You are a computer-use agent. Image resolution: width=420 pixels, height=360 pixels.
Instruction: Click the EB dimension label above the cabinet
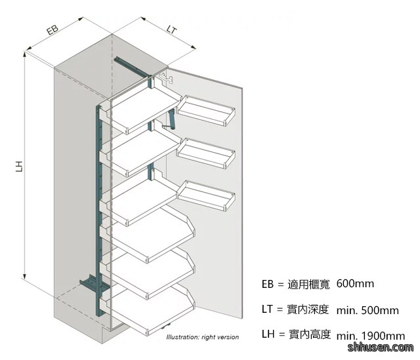[x=52, y=30]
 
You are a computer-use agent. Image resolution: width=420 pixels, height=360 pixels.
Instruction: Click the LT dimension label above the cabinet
[x=172, y=30]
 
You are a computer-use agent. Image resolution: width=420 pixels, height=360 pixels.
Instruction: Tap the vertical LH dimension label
[x=19, y=166]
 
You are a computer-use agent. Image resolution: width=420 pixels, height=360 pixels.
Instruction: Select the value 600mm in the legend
[x=355, y=283]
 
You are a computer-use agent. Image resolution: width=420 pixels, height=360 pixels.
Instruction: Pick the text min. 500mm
[x=367, y=310]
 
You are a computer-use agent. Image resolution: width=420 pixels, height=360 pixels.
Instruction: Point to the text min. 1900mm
[x=371, y=336]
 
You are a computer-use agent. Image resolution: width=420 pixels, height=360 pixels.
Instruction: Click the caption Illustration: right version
[x=203, y=337]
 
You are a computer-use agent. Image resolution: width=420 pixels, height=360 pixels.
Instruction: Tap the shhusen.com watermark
[x=381, y=347]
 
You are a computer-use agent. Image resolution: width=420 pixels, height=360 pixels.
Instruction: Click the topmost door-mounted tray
[x=206, y=110]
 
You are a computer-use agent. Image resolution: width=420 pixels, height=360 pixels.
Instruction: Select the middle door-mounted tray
[x=206, y=153]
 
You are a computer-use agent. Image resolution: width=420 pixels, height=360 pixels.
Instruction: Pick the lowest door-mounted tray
[x=206, y=195]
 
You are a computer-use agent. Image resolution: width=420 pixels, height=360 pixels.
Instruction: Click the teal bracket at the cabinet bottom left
[x=90, y=285]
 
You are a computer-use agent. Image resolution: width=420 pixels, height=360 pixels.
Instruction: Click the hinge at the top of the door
[x=166, y=78]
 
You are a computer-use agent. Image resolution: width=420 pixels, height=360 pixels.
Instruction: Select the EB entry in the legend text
[x=268, y=284]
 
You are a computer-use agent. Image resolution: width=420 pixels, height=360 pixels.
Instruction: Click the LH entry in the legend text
[x=268, y=334]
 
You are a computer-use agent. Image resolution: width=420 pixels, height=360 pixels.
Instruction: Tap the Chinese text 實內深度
[x=308, y=309]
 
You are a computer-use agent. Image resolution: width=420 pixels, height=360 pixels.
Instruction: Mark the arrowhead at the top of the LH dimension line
[x=25, y=54]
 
